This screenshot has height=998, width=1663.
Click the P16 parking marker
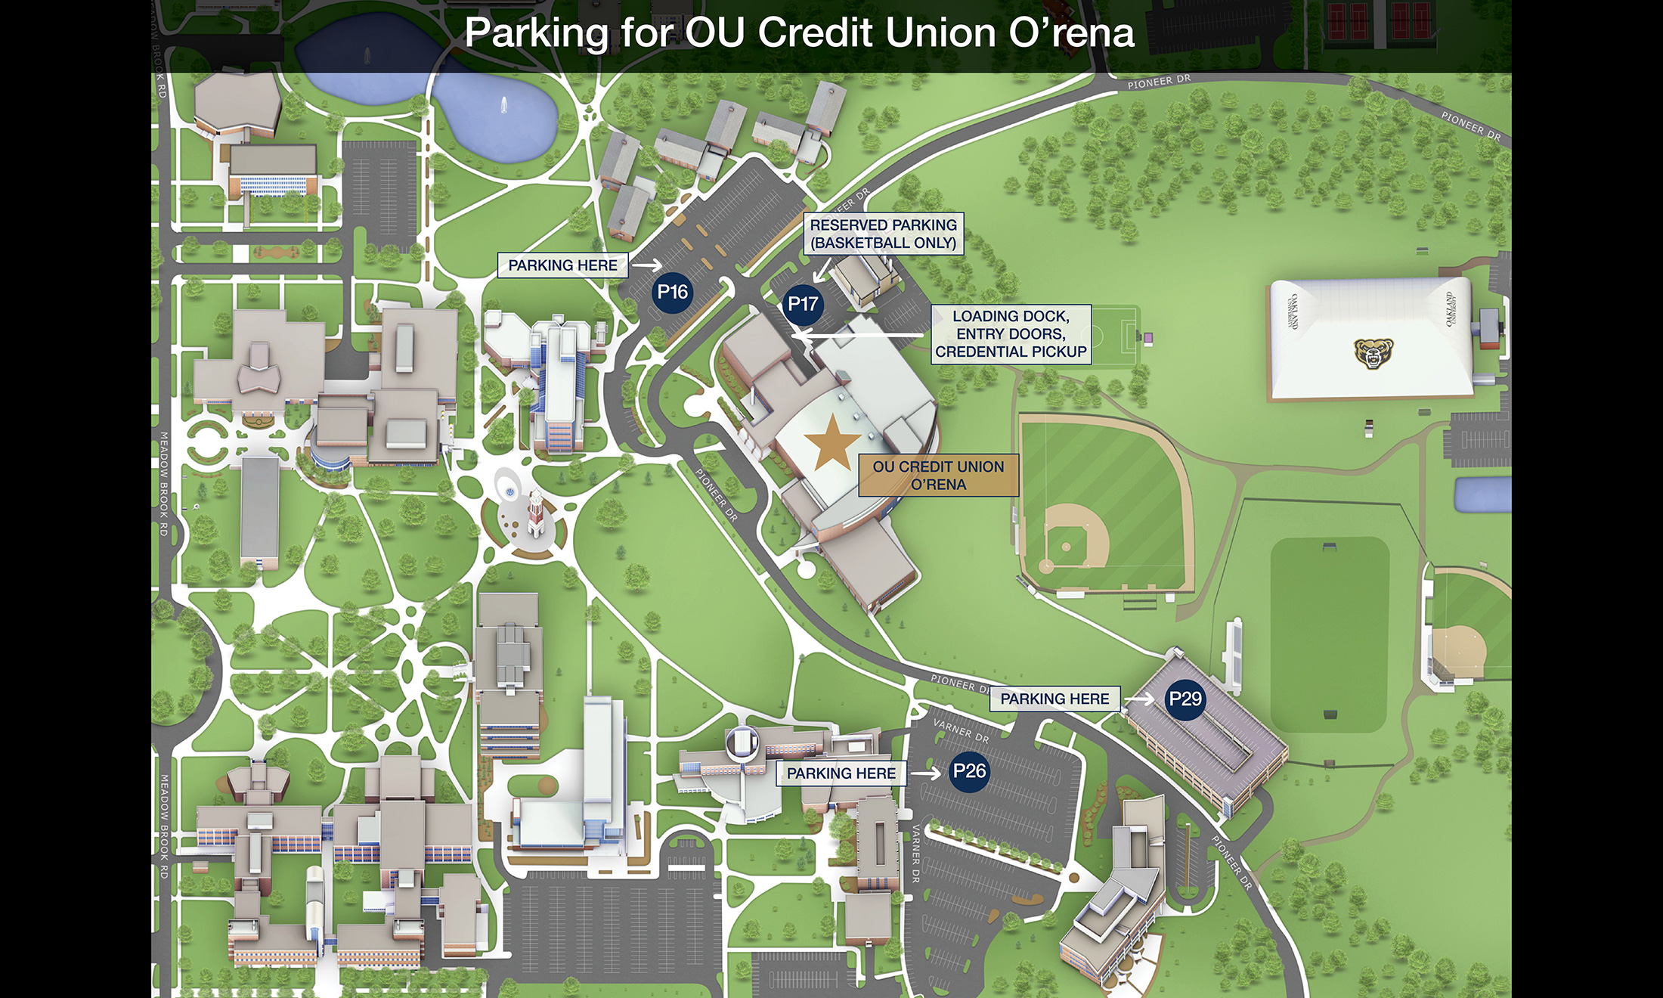click(672, 293)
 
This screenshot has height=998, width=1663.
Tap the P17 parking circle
click(802, 304)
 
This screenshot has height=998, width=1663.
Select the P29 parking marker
click(1185, 699)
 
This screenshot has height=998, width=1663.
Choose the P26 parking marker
click(969, 771)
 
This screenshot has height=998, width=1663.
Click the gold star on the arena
click(832, 442)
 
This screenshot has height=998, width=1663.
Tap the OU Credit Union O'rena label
click(938, 476)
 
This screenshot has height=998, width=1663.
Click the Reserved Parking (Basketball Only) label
click(883, 234)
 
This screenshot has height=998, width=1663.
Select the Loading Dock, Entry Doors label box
click(1011, 334)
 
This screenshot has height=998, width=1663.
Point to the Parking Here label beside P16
click(562, 265)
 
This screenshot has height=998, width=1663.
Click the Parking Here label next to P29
click(1054, 699)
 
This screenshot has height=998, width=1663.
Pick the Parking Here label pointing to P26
click(841, 773)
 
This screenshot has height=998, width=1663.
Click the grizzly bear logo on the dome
click(1373, 352)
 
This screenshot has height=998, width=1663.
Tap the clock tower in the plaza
click(536, 514)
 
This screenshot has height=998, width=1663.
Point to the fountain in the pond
click(503, 106)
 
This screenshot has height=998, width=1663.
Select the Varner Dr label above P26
click(961, 730)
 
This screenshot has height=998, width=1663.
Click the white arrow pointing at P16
click(646, 265)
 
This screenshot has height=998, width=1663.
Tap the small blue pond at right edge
click(1482, 494)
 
